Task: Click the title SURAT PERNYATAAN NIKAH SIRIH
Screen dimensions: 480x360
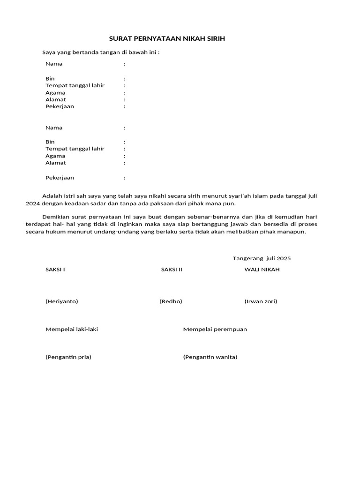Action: [167, 38]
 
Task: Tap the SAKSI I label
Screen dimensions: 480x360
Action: [55, 270]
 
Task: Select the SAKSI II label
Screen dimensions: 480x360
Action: [172, 270]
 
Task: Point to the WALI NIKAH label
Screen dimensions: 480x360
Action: [262, 270]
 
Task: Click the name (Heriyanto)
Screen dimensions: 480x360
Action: [62, 301]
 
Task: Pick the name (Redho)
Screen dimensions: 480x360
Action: [171, 301]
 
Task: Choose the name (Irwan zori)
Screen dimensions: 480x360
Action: [261, 301]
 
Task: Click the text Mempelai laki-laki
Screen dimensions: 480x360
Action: [72, 329]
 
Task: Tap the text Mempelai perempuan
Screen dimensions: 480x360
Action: [215, 329]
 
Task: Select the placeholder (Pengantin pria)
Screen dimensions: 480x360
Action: [68, 357]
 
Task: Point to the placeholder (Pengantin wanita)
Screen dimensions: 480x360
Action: [210, 357]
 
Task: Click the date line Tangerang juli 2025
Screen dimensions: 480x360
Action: [262, 258]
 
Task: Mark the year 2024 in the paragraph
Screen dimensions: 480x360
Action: [33, 204]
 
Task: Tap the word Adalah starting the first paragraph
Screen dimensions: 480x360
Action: [51, 196]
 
